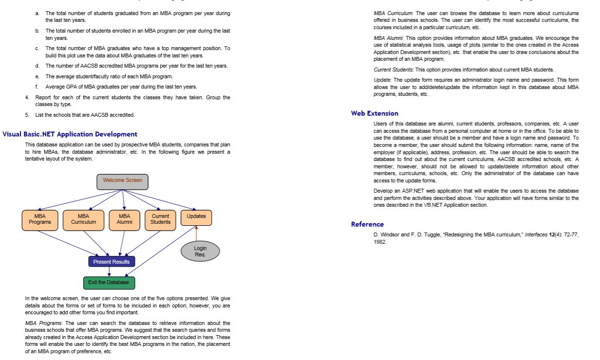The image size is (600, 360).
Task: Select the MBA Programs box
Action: click(x=40, y=219)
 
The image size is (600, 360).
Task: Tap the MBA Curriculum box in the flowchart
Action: click(x=83, y=219)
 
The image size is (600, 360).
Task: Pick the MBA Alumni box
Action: click(x=125, y=219)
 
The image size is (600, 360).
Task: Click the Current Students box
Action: click(x=160, y=219)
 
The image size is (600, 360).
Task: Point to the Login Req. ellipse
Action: click(x=200, y=252)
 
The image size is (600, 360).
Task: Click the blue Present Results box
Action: click(x=111, y=262)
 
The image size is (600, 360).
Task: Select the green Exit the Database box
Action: click(x=109, y=283)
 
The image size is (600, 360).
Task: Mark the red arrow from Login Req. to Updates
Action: click(x=196, y=234)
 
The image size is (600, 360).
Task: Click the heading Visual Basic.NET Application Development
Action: click(x=70, y=134)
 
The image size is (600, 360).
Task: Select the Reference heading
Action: click(x=367, y=224)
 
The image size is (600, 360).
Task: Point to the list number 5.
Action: click(x=27, y=115)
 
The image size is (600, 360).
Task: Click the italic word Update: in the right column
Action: click(x=382, y=79)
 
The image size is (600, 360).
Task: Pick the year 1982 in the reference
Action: click(x=380, y=241)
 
